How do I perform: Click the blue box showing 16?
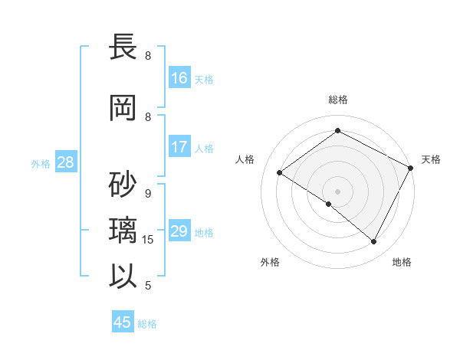coord(179,78)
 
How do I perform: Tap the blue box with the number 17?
coord(179,147)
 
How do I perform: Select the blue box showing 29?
coord(179,231)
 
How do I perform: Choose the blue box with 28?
coord(65,162)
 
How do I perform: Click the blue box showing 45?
coord(123,322)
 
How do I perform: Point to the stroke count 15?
coord(149,240)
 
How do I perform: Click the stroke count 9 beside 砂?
coord(148,194)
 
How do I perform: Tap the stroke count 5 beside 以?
coord(148,286)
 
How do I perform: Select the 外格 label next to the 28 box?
coord(40,163)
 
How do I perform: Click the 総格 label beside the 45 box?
coord(147,324)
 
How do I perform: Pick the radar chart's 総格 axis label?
coord(337,100)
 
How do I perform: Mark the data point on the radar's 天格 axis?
coord(411,169)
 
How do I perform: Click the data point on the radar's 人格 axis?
coord(280,172)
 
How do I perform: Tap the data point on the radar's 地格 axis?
coord(374,241)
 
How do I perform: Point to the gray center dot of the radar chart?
coord(337,191)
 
